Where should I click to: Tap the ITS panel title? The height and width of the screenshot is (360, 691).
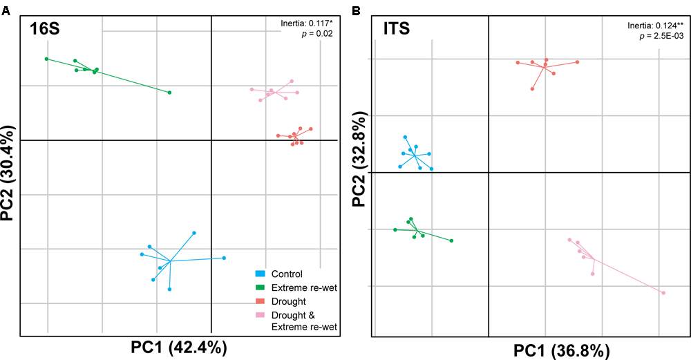399,30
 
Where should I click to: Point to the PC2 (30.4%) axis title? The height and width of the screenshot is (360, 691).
10,173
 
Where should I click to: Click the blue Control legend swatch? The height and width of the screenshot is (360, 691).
261,274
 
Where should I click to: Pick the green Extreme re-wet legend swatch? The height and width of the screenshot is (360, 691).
261,287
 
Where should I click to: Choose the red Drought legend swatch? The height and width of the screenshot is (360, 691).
261,301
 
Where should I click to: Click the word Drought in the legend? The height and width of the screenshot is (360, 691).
289,301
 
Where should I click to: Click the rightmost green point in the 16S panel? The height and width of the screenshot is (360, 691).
169,93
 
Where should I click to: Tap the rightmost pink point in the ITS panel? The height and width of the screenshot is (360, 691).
663,293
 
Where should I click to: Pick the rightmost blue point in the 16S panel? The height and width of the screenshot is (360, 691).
225,258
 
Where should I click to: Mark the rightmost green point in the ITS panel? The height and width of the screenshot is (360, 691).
451,240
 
